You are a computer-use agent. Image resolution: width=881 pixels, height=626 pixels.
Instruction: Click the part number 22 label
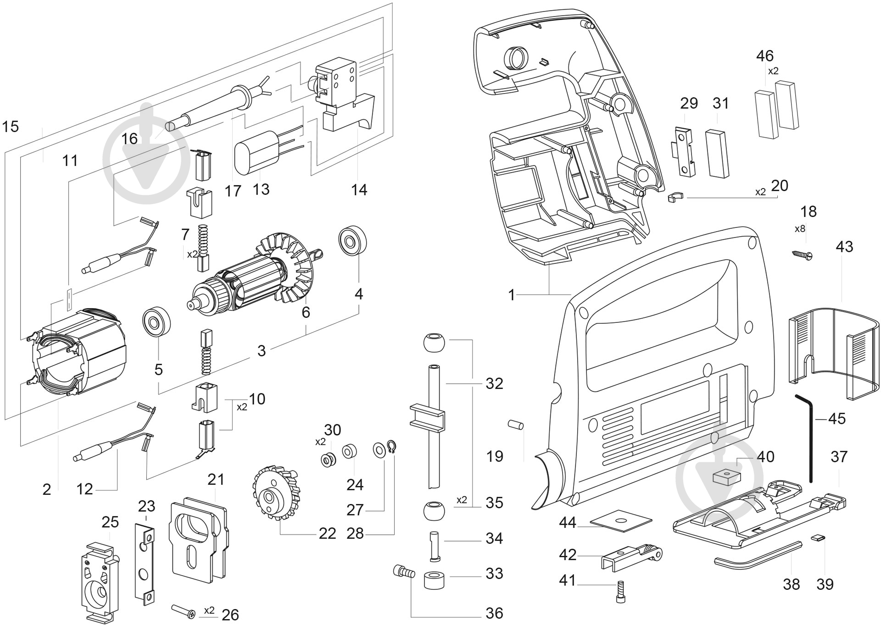click(327, 533)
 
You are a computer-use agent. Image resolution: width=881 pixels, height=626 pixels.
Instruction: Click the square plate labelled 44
click(621, 521)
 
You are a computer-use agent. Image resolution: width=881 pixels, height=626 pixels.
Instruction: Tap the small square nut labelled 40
click(726, 476)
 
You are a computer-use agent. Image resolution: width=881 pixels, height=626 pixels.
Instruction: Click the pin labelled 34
click(435, 546)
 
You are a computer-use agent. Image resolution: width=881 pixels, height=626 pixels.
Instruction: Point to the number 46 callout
click(765, 56)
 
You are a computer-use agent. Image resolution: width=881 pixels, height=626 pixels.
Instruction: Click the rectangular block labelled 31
click(717, 153)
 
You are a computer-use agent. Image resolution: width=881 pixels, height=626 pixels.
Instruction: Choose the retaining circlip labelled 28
click(391, 447)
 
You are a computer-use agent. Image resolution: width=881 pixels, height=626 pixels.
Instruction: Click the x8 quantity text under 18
click(800, 228)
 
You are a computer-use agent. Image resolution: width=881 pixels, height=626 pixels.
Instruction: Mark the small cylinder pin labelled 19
click(515, 425)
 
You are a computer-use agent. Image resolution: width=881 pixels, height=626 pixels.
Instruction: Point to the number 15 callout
click(10, 126)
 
